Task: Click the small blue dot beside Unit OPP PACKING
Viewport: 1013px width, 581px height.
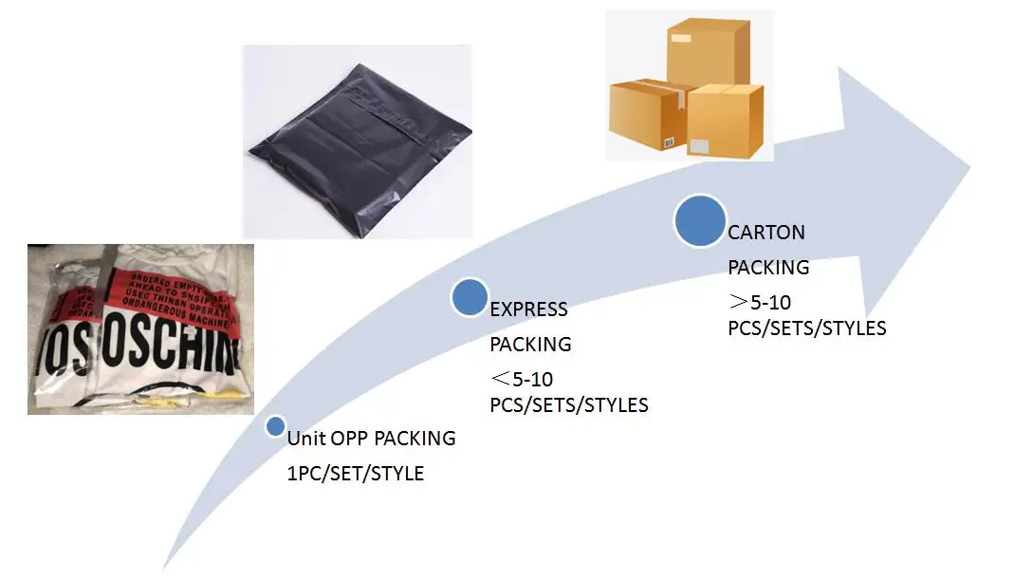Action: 275,426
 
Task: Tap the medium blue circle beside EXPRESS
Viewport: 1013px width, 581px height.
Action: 469,297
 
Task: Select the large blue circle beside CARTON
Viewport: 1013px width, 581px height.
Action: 700,220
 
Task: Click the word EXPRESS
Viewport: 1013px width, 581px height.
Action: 528,309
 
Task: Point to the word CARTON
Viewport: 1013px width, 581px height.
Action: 766,233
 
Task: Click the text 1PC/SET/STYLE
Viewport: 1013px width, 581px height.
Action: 356,473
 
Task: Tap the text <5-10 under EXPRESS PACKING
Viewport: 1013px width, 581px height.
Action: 521,380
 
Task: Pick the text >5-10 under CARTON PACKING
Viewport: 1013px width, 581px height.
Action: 759,304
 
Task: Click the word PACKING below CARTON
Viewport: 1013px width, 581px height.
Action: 768,268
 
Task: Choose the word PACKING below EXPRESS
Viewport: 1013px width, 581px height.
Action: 530,344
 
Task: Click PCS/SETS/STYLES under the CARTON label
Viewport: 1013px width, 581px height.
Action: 807,328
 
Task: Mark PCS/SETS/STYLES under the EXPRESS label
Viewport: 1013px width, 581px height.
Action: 569,405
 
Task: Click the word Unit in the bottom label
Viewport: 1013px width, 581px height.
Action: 306,439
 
